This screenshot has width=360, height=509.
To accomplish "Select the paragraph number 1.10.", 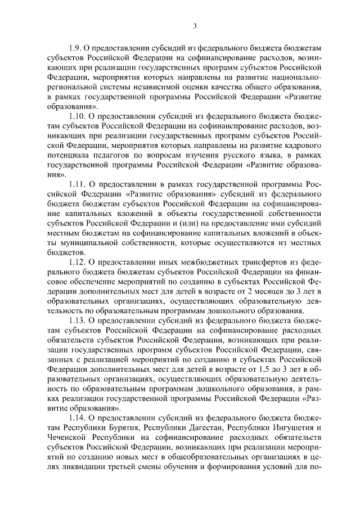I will pos(78,116).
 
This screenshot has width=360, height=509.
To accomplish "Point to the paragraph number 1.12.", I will pos(78,263).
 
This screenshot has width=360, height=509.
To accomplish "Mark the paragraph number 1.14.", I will pos(78,418).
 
